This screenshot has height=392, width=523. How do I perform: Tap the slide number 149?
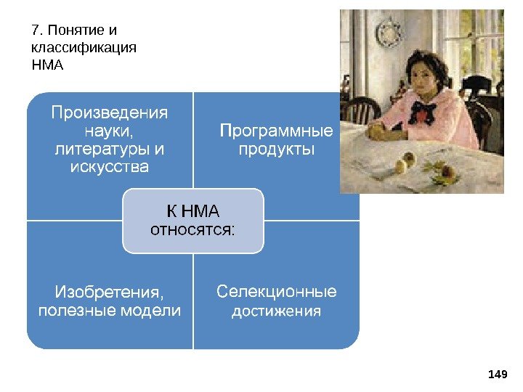498,374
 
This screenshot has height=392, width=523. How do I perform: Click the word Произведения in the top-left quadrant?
109,113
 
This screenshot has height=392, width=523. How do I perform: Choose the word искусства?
109,168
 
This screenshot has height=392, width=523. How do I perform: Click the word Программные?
277,131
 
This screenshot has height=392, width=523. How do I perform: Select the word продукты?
277,150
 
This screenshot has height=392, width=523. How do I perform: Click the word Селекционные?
277,292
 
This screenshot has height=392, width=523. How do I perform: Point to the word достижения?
277,311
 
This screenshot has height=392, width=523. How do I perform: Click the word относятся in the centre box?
191,230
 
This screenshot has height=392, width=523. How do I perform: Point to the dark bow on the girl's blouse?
421,114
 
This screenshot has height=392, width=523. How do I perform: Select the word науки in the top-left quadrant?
109,131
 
